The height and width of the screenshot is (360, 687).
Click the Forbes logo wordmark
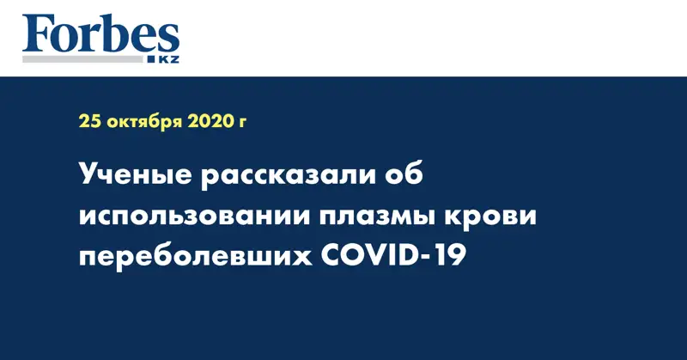pos(100,34)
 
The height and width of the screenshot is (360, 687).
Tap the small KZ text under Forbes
pos(168,59)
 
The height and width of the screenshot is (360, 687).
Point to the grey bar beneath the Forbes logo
pos(82,59)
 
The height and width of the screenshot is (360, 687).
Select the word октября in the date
pos(144,122)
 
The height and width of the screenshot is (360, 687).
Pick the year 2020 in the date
pos(210,121)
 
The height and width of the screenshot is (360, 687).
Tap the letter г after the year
pos(242,123)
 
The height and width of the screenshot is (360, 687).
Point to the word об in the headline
pos(404,174)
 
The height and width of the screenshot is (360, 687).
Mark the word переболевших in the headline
pos(196,258)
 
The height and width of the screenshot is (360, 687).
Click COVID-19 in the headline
pos(393,256)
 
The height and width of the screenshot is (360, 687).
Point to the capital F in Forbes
pos(37,34)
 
